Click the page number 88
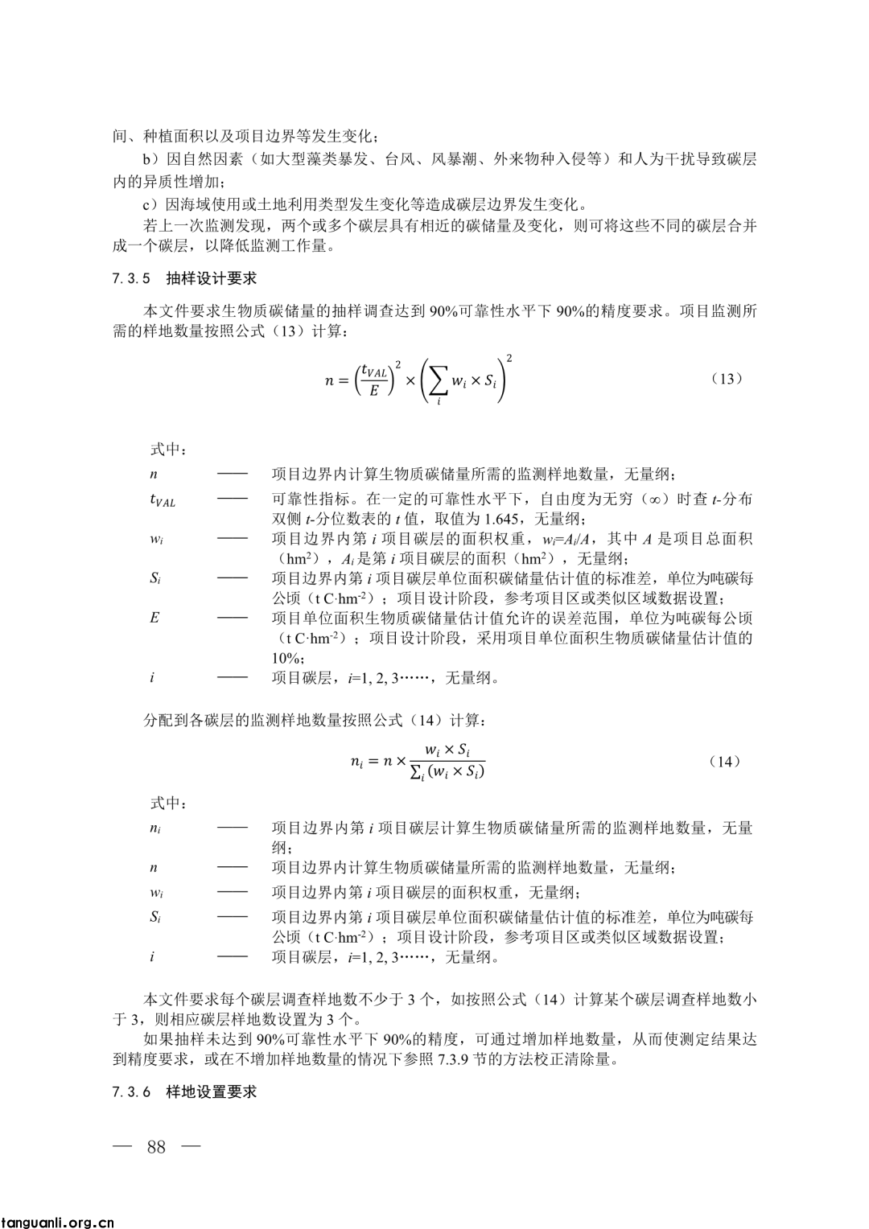pos(156,1146)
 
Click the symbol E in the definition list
pos(154,618)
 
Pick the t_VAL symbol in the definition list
pos(162,500)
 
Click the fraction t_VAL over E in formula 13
pos(374,380)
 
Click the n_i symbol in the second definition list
pos(155,828)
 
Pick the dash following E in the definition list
pos(233,618)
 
